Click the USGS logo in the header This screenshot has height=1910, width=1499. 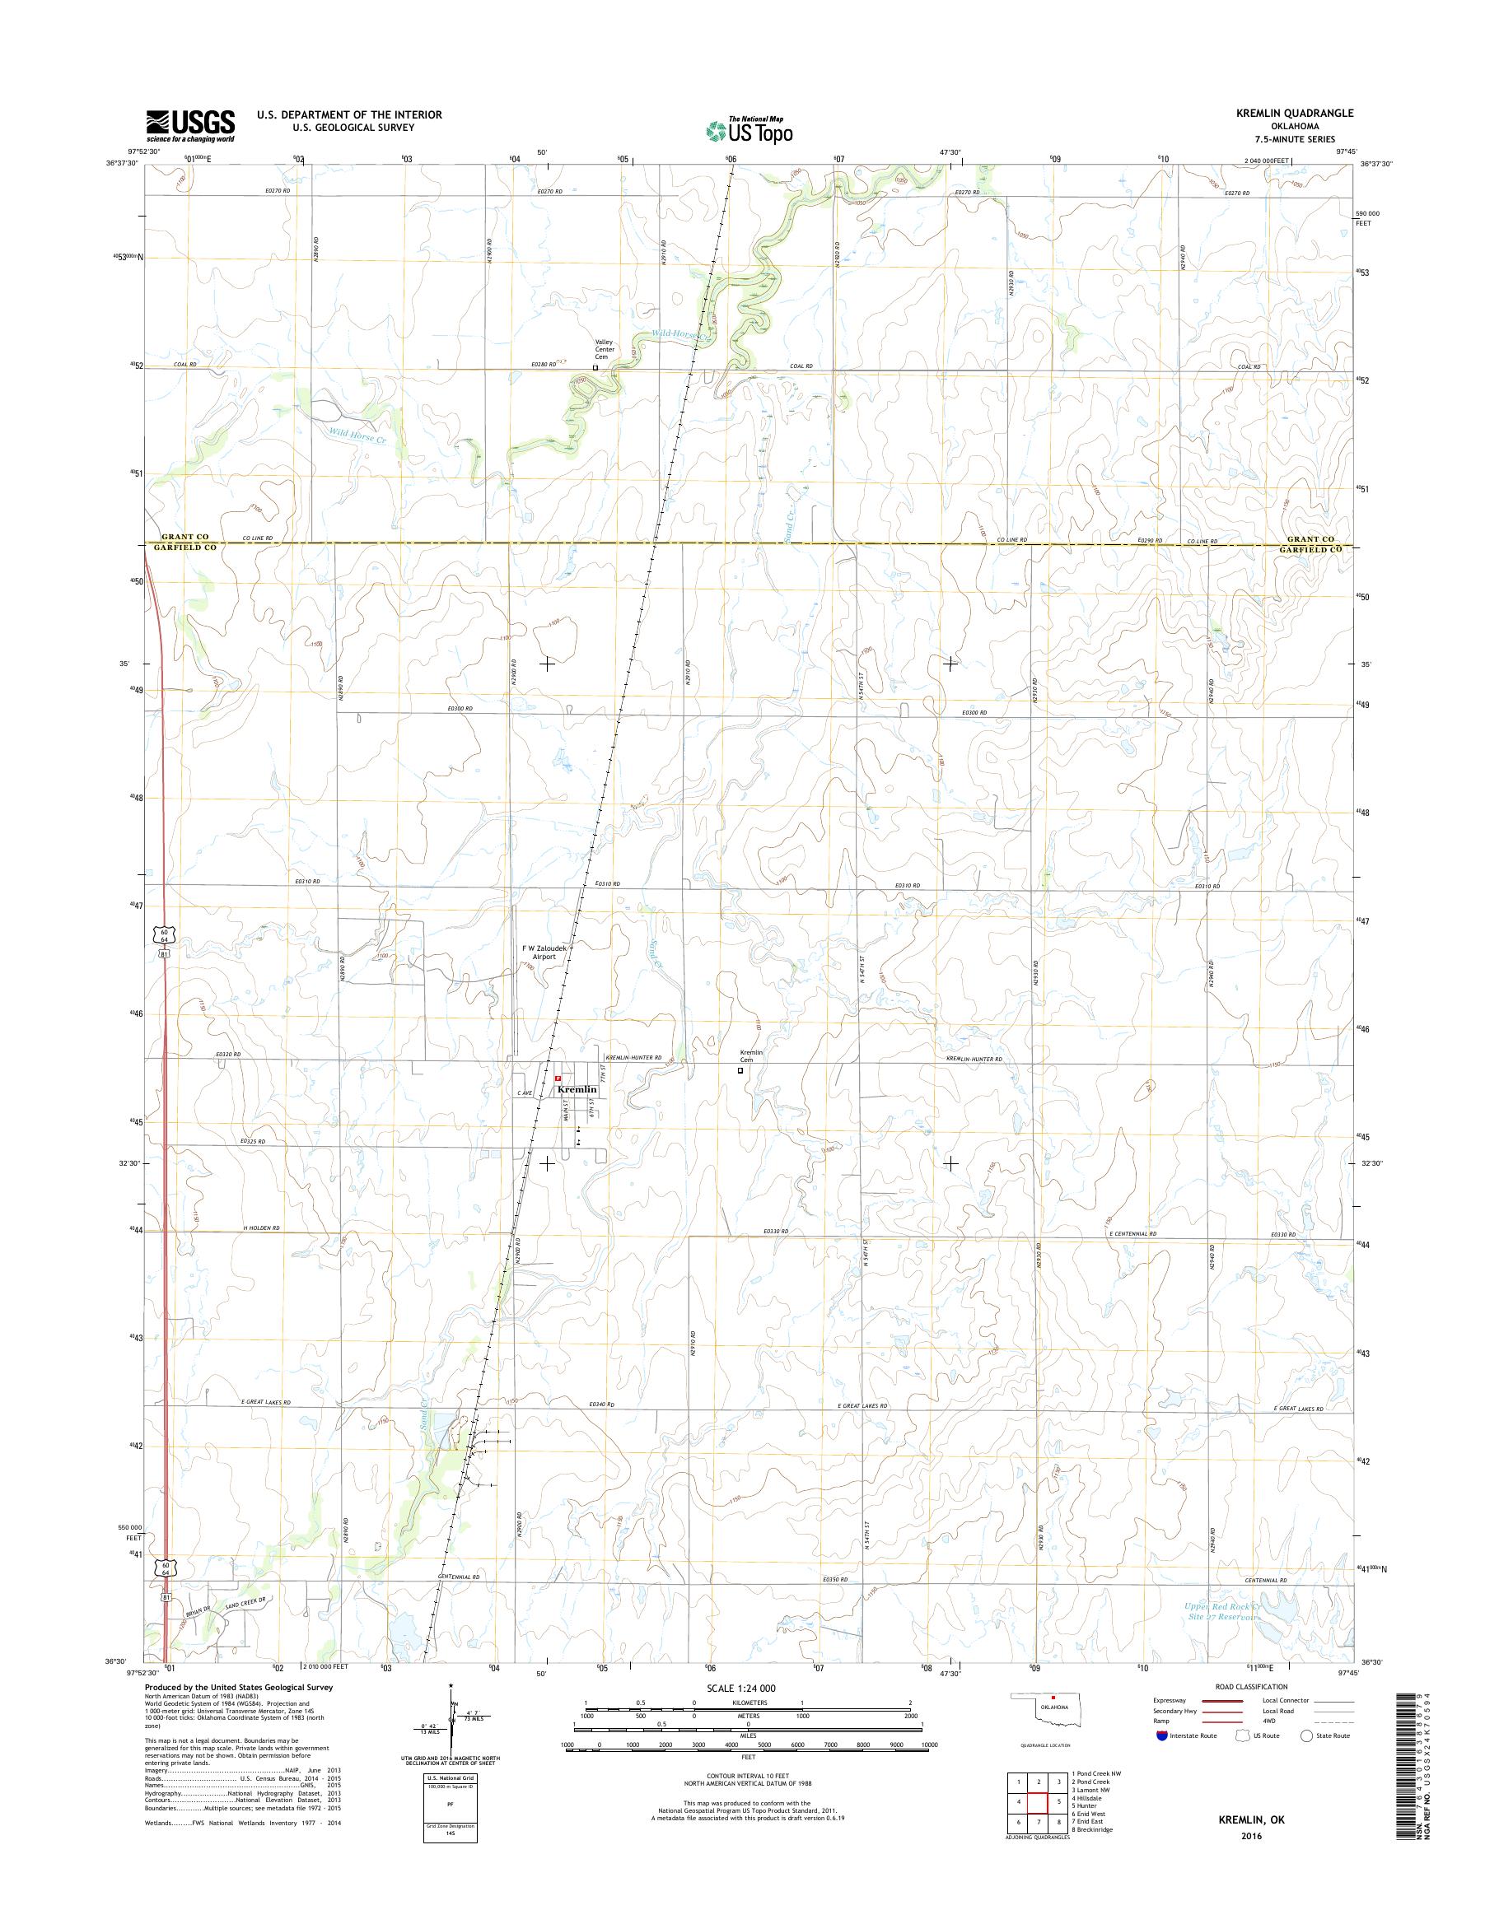(x=190, y=125)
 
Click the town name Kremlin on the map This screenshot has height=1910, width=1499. (x=577, y=1089)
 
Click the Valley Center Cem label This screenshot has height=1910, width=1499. (x=603, y=349)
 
